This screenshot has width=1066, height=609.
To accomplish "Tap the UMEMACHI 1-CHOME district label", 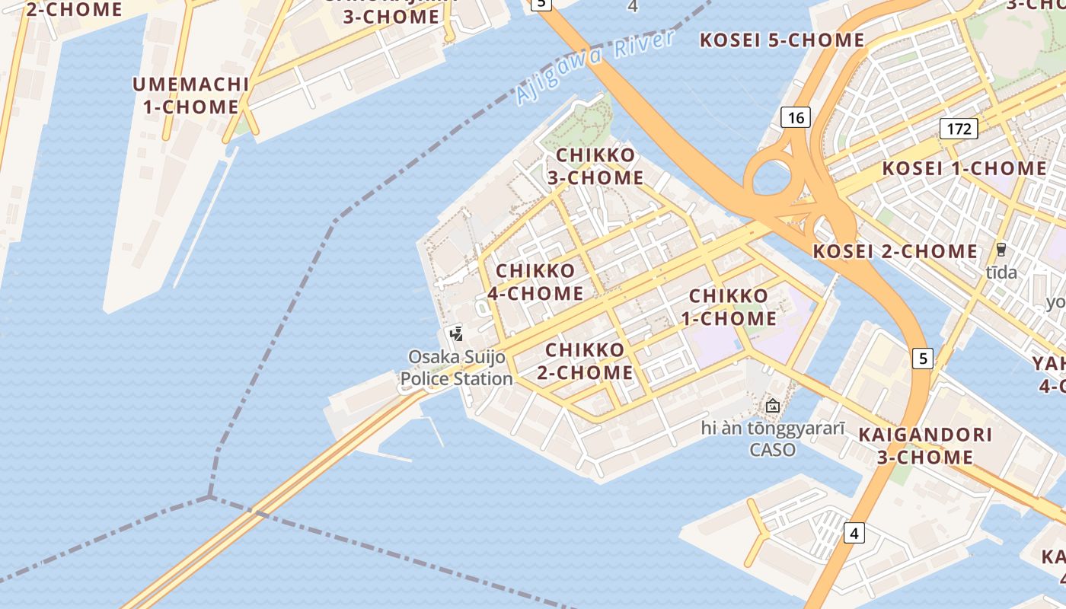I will point(191,95).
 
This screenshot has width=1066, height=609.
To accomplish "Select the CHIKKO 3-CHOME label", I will point(595,166).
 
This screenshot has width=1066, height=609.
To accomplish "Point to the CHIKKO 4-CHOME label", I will point(535,282).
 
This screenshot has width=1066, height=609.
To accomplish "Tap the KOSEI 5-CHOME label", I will point(782,40).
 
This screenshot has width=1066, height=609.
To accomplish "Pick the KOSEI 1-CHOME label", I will point(964,168).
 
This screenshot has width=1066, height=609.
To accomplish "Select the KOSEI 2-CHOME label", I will point(895,251).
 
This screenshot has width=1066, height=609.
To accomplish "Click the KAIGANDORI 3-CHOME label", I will point(925,445).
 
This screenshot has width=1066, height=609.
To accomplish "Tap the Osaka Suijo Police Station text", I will point(457,367).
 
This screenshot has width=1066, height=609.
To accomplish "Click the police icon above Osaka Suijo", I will point(457,333).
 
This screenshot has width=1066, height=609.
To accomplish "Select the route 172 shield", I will point(958,129).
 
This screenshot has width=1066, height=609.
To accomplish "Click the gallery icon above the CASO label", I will point(773,406).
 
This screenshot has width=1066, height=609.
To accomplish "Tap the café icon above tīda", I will point(1001,249).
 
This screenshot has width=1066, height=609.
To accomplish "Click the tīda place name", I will point(1001,272).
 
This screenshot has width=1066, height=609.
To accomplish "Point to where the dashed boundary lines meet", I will point(209,497).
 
